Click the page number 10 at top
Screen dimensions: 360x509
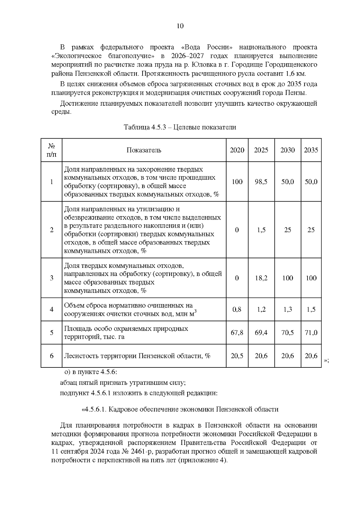click(180, 26)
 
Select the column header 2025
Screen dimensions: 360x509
click(261, 150)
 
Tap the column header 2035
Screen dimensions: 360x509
click(311, 150)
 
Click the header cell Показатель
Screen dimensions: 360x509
click(144, 150)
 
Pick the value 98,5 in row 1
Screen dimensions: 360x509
click(261, 182)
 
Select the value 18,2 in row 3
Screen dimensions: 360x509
click(261, 278)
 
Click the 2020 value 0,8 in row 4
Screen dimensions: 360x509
click(237, 310)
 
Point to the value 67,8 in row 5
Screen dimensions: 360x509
click(237, 333)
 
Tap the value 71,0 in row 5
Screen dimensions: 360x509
click(311, 333)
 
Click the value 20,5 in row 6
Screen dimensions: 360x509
click(237, 356)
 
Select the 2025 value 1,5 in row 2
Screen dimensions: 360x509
click(261, 230)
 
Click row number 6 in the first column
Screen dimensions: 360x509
click(52, 356)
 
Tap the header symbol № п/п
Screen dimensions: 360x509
click(52, 150)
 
